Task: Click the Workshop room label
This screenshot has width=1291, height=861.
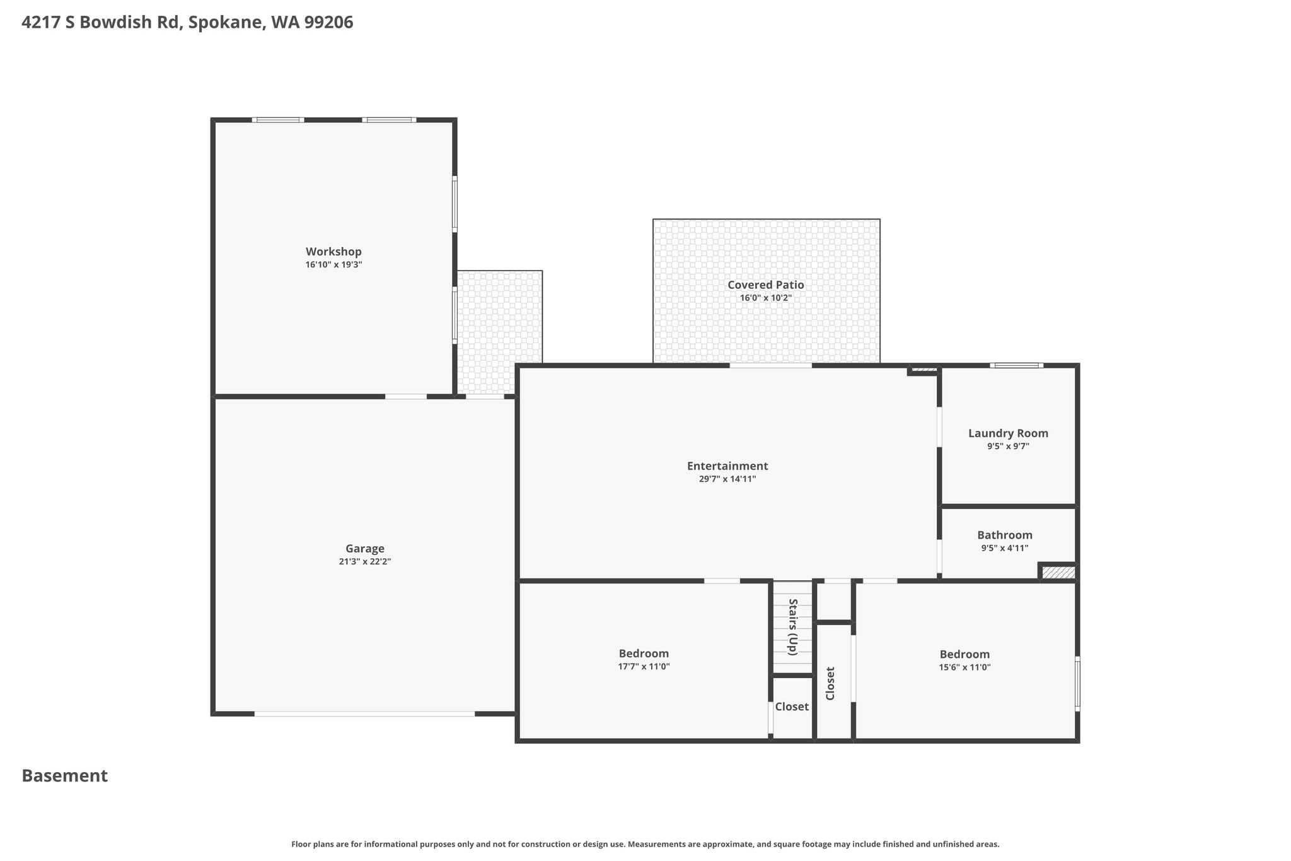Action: (x=333, y=252)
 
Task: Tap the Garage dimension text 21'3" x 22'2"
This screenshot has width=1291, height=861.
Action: (x=365, y=561)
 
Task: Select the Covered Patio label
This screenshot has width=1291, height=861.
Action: (x=766, y=284)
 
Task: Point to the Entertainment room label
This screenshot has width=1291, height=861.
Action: (x=727, y=466)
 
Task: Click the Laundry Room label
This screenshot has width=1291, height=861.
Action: (x=1008, y=433)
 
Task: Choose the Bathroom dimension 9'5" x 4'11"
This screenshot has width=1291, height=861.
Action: (x=1005, y=548)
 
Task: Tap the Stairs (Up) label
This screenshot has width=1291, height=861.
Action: (x=793, y=626)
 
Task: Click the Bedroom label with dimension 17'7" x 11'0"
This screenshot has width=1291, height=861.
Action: (x=644, y=653)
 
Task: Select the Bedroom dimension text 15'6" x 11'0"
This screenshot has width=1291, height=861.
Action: (x=964, y=667)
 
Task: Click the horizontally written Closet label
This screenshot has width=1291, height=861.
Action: (x=792, y=706)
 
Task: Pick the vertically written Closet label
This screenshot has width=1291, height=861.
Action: (x=830, y=683)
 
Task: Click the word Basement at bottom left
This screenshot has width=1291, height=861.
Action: (x=65, y=776)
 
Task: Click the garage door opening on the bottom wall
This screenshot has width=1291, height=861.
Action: (x=364, y=714)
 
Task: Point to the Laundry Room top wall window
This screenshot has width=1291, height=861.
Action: (x=1016, y=365)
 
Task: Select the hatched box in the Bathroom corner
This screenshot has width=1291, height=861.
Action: (x=1058, y=573)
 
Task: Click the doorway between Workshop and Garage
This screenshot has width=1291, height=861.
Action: (x=406, y=397)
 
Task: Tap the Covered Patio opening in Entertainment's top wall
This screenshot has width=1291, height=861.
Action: (x=771, y=365)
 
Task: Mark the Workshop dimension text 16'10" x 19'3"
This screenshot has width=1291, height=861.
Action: (x=333, y=265)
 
